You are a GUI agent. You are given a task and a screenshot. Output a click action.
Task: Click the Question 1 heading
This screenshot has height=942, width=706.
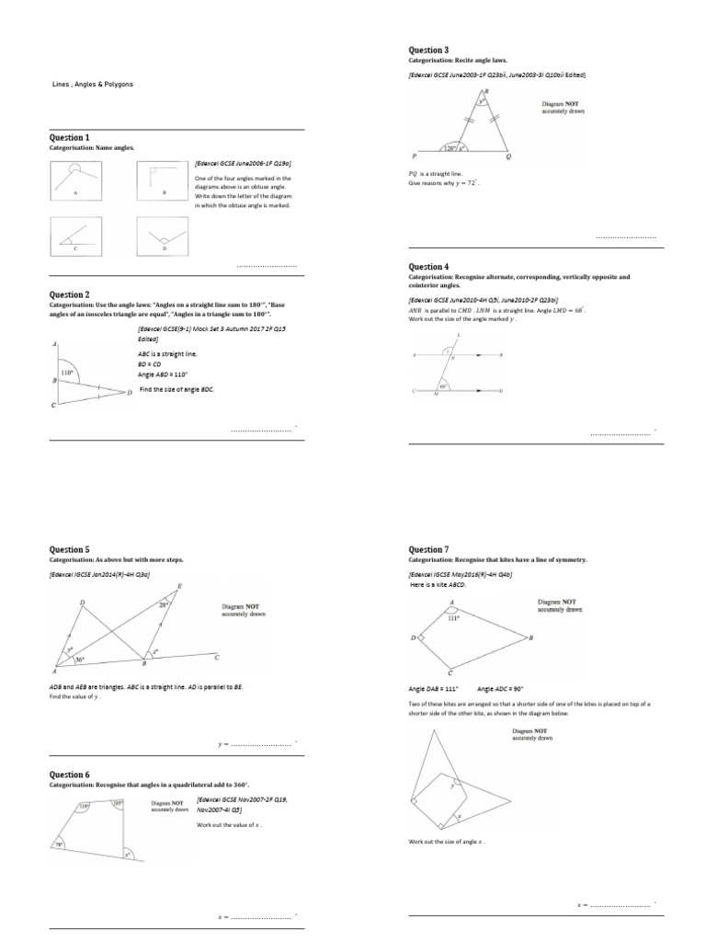coord(69,137)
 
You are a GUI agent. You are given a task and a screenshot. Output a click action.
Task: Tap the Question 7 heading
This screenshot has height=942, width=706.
coord(428,549)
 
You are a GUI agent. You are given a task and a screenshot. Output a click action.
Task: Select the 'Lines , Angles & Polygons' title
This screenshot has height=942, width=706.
coord(92,85)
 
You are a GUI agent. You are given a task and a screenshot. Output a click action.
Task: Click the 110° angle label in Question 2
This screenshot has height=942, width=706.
coord(67,373)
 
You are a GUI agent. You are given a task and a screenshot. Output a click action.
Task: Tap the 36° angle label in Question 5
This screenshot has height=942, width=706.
coord(80,660)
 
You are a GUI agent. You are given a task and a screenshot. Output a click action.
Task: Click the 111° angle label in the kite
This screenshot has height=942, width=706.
coord(452,618)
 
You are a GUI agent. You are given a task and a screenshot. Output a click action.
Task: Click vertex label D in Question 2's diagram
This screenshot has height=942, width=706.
coord(130,393)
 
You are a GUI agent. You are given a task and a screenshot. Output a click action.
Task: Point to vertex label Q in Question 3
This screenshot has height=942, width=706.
coord(508,157)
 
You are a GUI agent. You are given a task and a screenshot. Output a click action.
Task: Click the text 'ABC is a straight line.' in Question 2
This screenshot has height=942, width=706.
coord(166,353)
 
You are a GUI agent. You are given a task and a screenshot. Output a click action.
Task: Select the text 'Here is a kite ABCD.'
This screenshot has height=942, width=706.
coord(439,584)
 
